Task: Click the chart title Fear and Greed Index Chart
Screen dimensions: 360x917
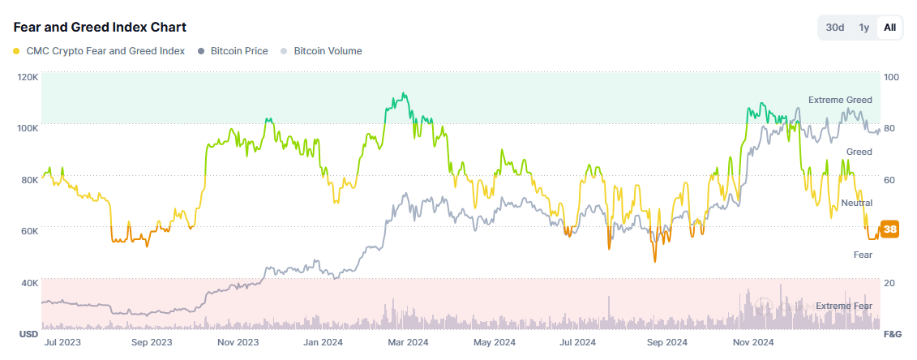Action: (100, 27)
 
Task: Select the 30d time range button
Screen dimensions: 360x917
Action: (835, 28)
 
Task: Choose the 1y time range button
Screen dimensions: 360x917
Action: (864, 28)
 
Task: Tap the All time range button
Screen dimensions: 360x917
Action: (889, 28)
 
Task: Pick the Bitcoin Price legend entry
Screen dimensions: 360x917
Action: (238, 51)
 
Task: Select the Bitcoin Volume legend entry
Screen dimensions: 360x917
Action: (328, 51)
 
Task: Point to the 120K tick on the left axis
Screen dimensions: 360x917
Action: (28, 77)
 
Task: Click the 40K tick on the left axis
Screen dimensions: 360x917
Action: (29, 283)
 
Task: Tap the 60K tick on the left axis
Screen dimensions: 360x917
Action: (29, 231)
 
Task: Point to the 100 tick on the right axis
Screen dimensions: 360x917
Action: (891, 77)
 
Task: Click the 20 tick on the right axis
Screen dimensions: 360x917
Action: (889, 283)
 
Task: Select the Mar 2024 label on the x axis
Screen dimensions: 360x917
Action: (409, 342)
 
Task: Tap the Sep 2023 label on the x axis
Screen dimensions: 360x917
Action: (151, 342)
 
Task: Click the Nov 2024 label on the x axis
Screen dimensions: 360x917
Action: (753, 342)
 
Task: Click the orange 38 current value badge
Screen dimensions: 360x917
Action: (889, 229)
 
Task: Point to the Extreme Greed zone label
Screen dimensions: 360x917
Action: (840, 100)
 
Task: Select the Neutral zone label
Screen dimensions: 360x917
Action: (856, 203)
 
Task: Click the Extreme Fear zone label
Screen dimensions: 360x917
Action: (844, 306)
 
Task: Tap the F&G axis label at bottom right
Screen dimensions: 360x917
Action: (892, 334)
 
